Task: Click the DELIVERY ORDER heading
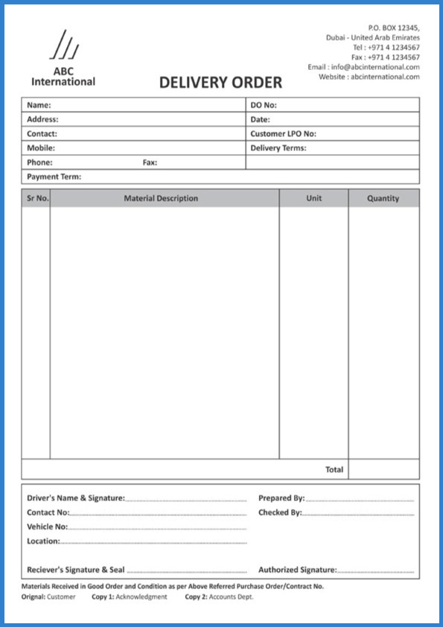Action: coord(220,83)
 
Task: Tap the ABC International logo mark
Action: coord(63,47)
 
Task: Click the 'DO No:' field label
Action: coord(264,105)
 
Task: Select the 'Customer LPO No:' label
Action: coord(283,134)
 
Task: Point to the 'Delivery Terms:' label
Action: coord(278,148)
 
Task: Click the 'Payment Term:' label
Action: coord(54,177)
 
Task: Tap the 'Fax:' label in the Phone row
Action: coord(150,162)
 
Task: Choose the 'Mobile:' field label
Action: coord(41,148)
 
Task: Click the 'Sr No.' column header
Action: coord(37,199)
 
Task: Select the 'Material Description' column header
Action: coord(161,199)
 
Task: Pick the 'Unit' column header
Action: coord(313,199)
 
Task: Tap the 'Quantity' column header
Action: coord(383,199)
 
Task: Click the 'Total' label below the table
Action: coord(334,470)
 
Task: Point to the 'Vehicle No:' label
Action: coord(47,526)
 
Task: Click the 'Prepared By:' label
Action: coord(281,498)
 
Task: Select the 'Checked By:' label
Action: coord(280,512)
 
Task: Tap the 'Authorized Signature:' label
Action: coord(297,570)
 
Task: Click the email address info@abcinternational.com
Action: coord(375,67)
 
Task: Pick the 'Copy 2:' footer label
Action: coord(196,597)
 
